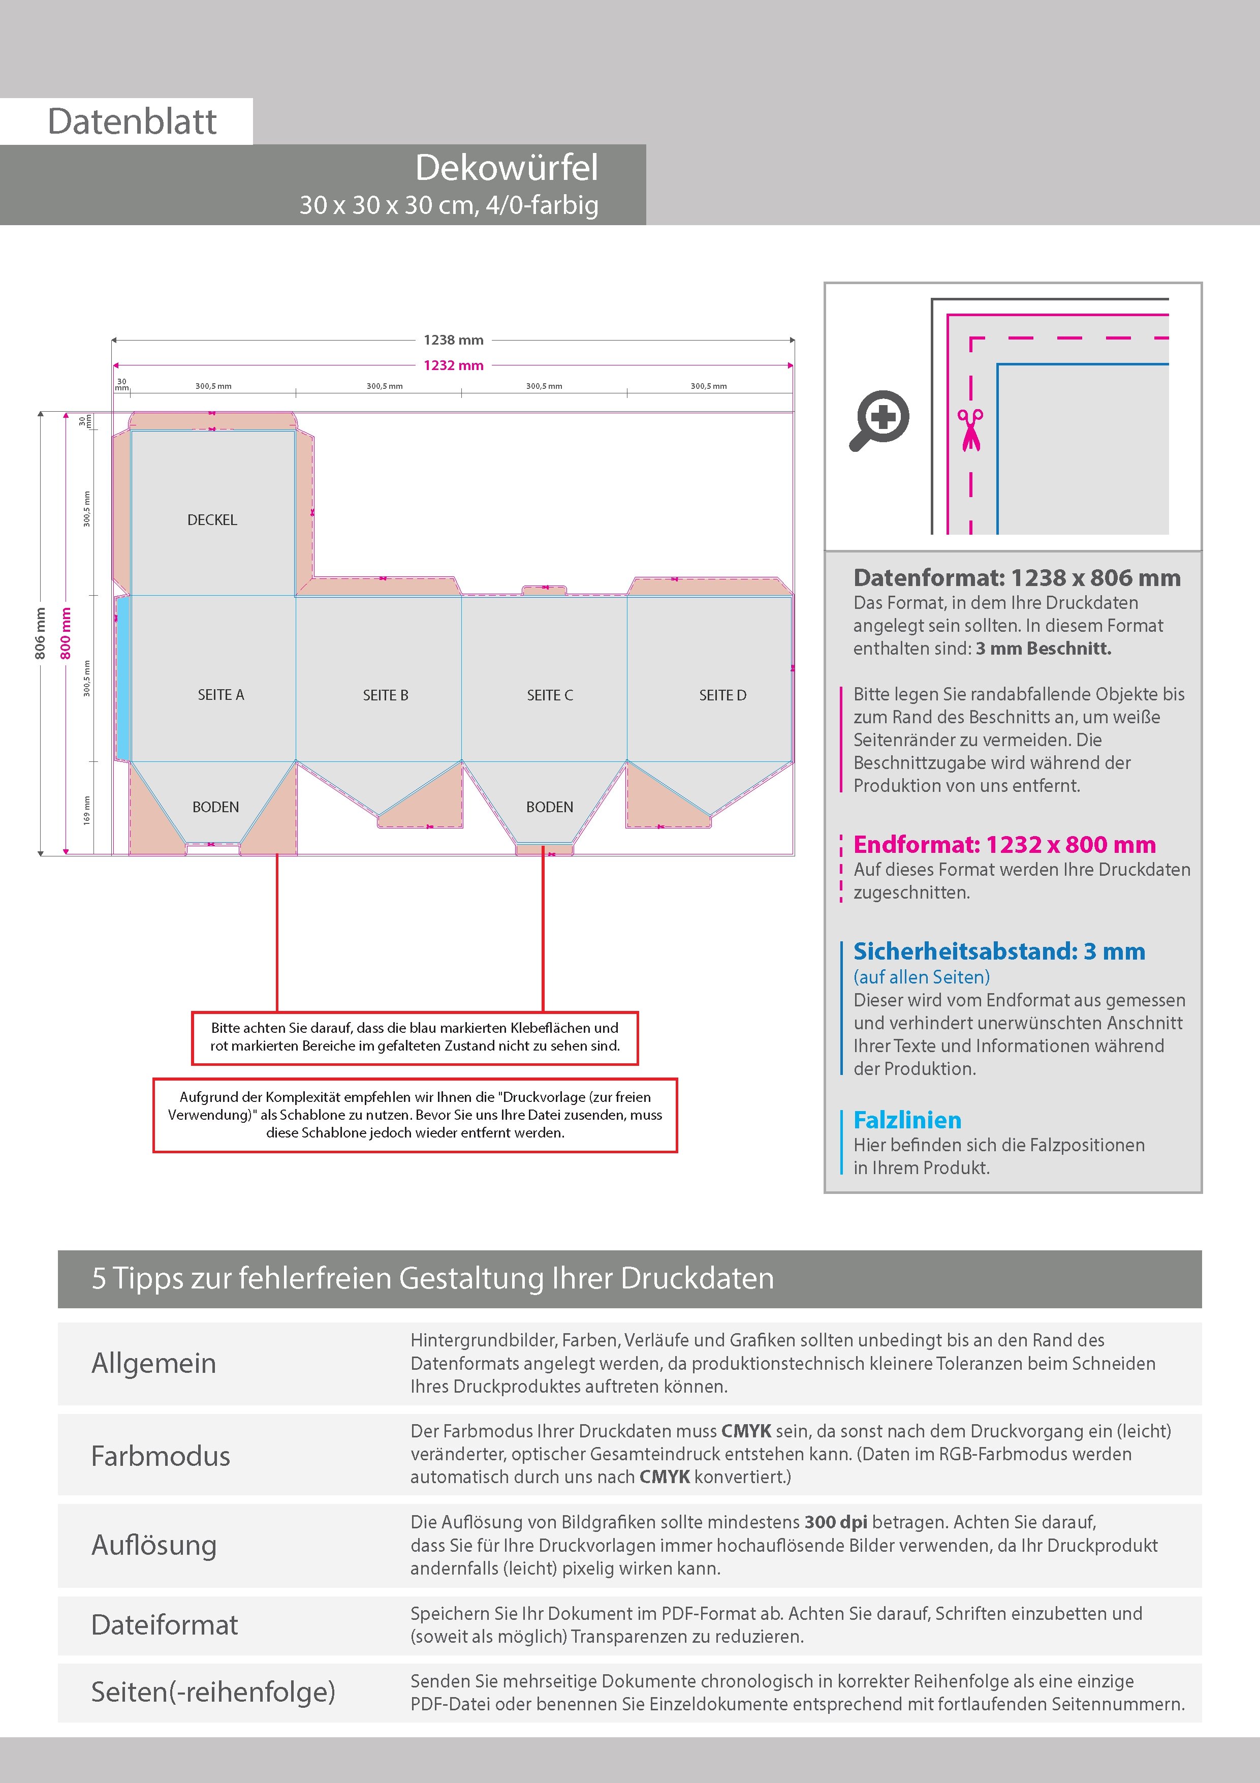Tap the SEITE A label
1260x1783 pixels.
[x=220, y=695]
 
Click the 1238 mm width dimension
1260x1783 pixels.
[x=453, y=340]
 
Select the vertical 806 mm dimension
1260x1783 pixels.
[x=40, y=633]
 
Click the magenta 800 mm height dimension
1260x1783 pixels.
[x=66, y=633]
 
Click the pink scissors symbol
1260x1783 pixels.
[x=970, y=429]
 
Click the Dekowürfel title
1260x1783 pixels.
[x=507, y=168]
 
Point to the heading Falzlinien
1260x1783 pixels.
[x=907, y=1120]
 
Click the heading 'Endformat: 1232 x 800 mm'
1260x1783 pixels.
[x=1004, y=844]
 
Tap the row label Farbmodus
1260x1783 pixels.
[x=161, y=1456]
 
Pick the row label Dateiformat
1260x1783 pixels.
[x=165, y=1624]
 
